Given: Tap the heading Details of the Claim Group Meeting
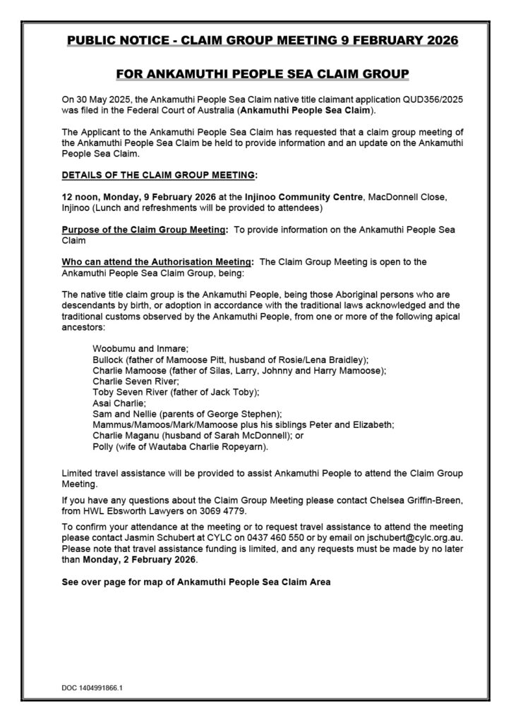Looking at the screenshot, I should click(x=160, y=173).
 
